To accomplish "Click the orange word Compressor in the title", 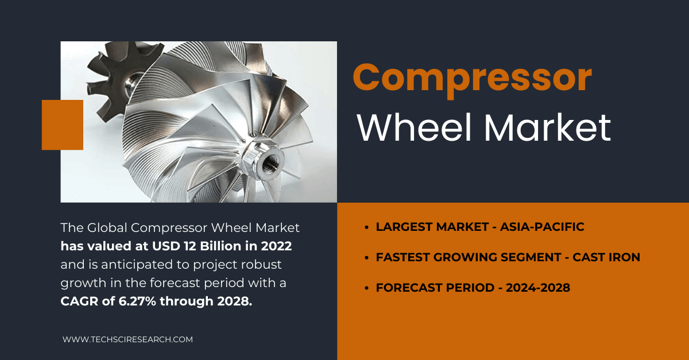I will (472, 79).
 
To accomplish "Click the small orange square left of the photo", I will (63, 125).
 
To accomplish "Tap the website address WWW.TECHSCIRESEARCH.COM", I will (127, 339).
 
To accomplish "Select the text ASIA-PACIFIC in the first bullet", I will (542, 227).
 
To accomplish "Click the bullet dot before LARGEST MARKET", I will (366, 228).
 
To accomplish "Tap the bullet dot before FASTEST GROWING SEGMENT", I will (366, 258).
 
